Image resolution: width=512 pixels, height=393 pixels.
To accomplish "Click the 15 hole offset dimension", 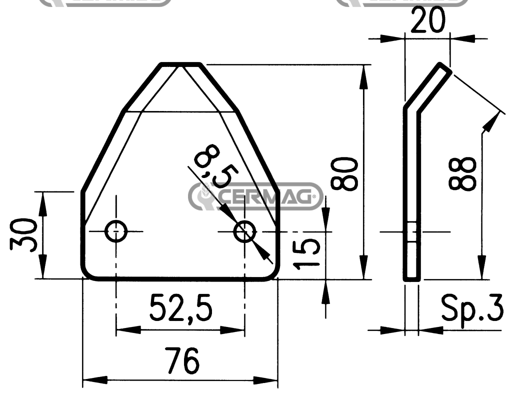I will (x=308, y=252).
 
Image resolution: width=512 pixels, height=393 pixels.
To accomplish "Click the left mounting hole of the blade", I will (x=116, y=231).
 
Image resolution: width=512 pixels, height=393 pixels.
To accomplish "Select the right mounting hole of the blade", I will (x=245, y=231).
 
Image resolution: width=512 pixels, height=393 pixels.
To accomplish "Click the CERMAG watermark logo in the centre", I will (x=255, y=195).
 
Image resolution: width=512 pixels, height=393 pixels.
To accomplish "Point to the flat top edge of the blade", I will (x=180, y=64).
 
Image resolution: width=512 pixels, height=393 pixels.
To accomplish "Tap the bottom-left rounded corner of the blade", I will (x=87, y=273).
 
